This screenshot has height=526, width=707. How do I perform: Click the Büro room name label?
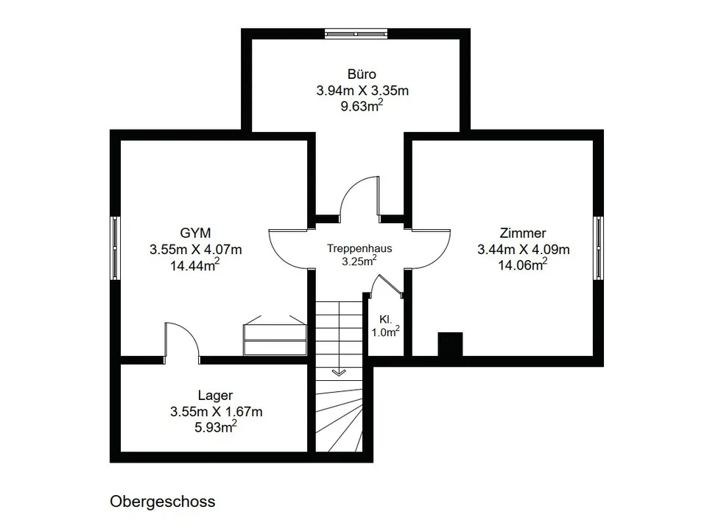[362, 74]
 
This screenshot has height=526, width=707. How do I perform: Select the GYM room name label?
[195, 233]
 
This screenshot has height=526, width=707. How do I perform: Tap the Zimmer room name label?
[523, 233]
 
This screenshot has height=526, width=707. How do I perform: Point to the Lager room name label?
[216, 396]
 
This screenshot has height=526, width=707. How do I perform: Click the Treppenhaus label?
[359, 248]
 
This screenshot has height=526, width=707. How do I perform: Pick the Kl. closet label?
[385, 320]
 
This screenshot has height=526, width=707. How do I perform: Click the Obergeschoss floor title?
[162, 502]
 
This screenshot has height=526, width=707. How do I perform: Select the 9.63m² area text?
[362, 106]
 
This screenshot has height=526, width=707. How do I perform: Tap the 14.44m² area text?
[194, 264]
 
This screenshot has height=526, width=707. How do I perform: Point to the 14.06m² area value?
[523, 264]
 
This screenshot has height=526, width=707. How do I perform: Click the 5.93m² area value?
[216, 427]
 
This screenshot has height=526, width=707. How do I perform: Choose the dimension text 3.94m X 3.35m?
[362, 90]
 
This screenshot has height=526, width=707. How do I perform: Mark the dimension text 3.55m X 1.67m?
[216, 411]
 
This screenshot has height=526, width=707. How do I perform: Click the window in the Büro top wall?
[356, 34]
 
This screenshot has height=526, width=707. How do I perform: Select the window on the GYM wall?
[116, 248]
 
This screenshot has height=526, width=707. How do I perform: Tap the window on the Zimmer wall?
[598, 248]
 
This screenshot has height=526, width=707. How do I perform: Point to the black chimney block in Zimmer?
[451, 344]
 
